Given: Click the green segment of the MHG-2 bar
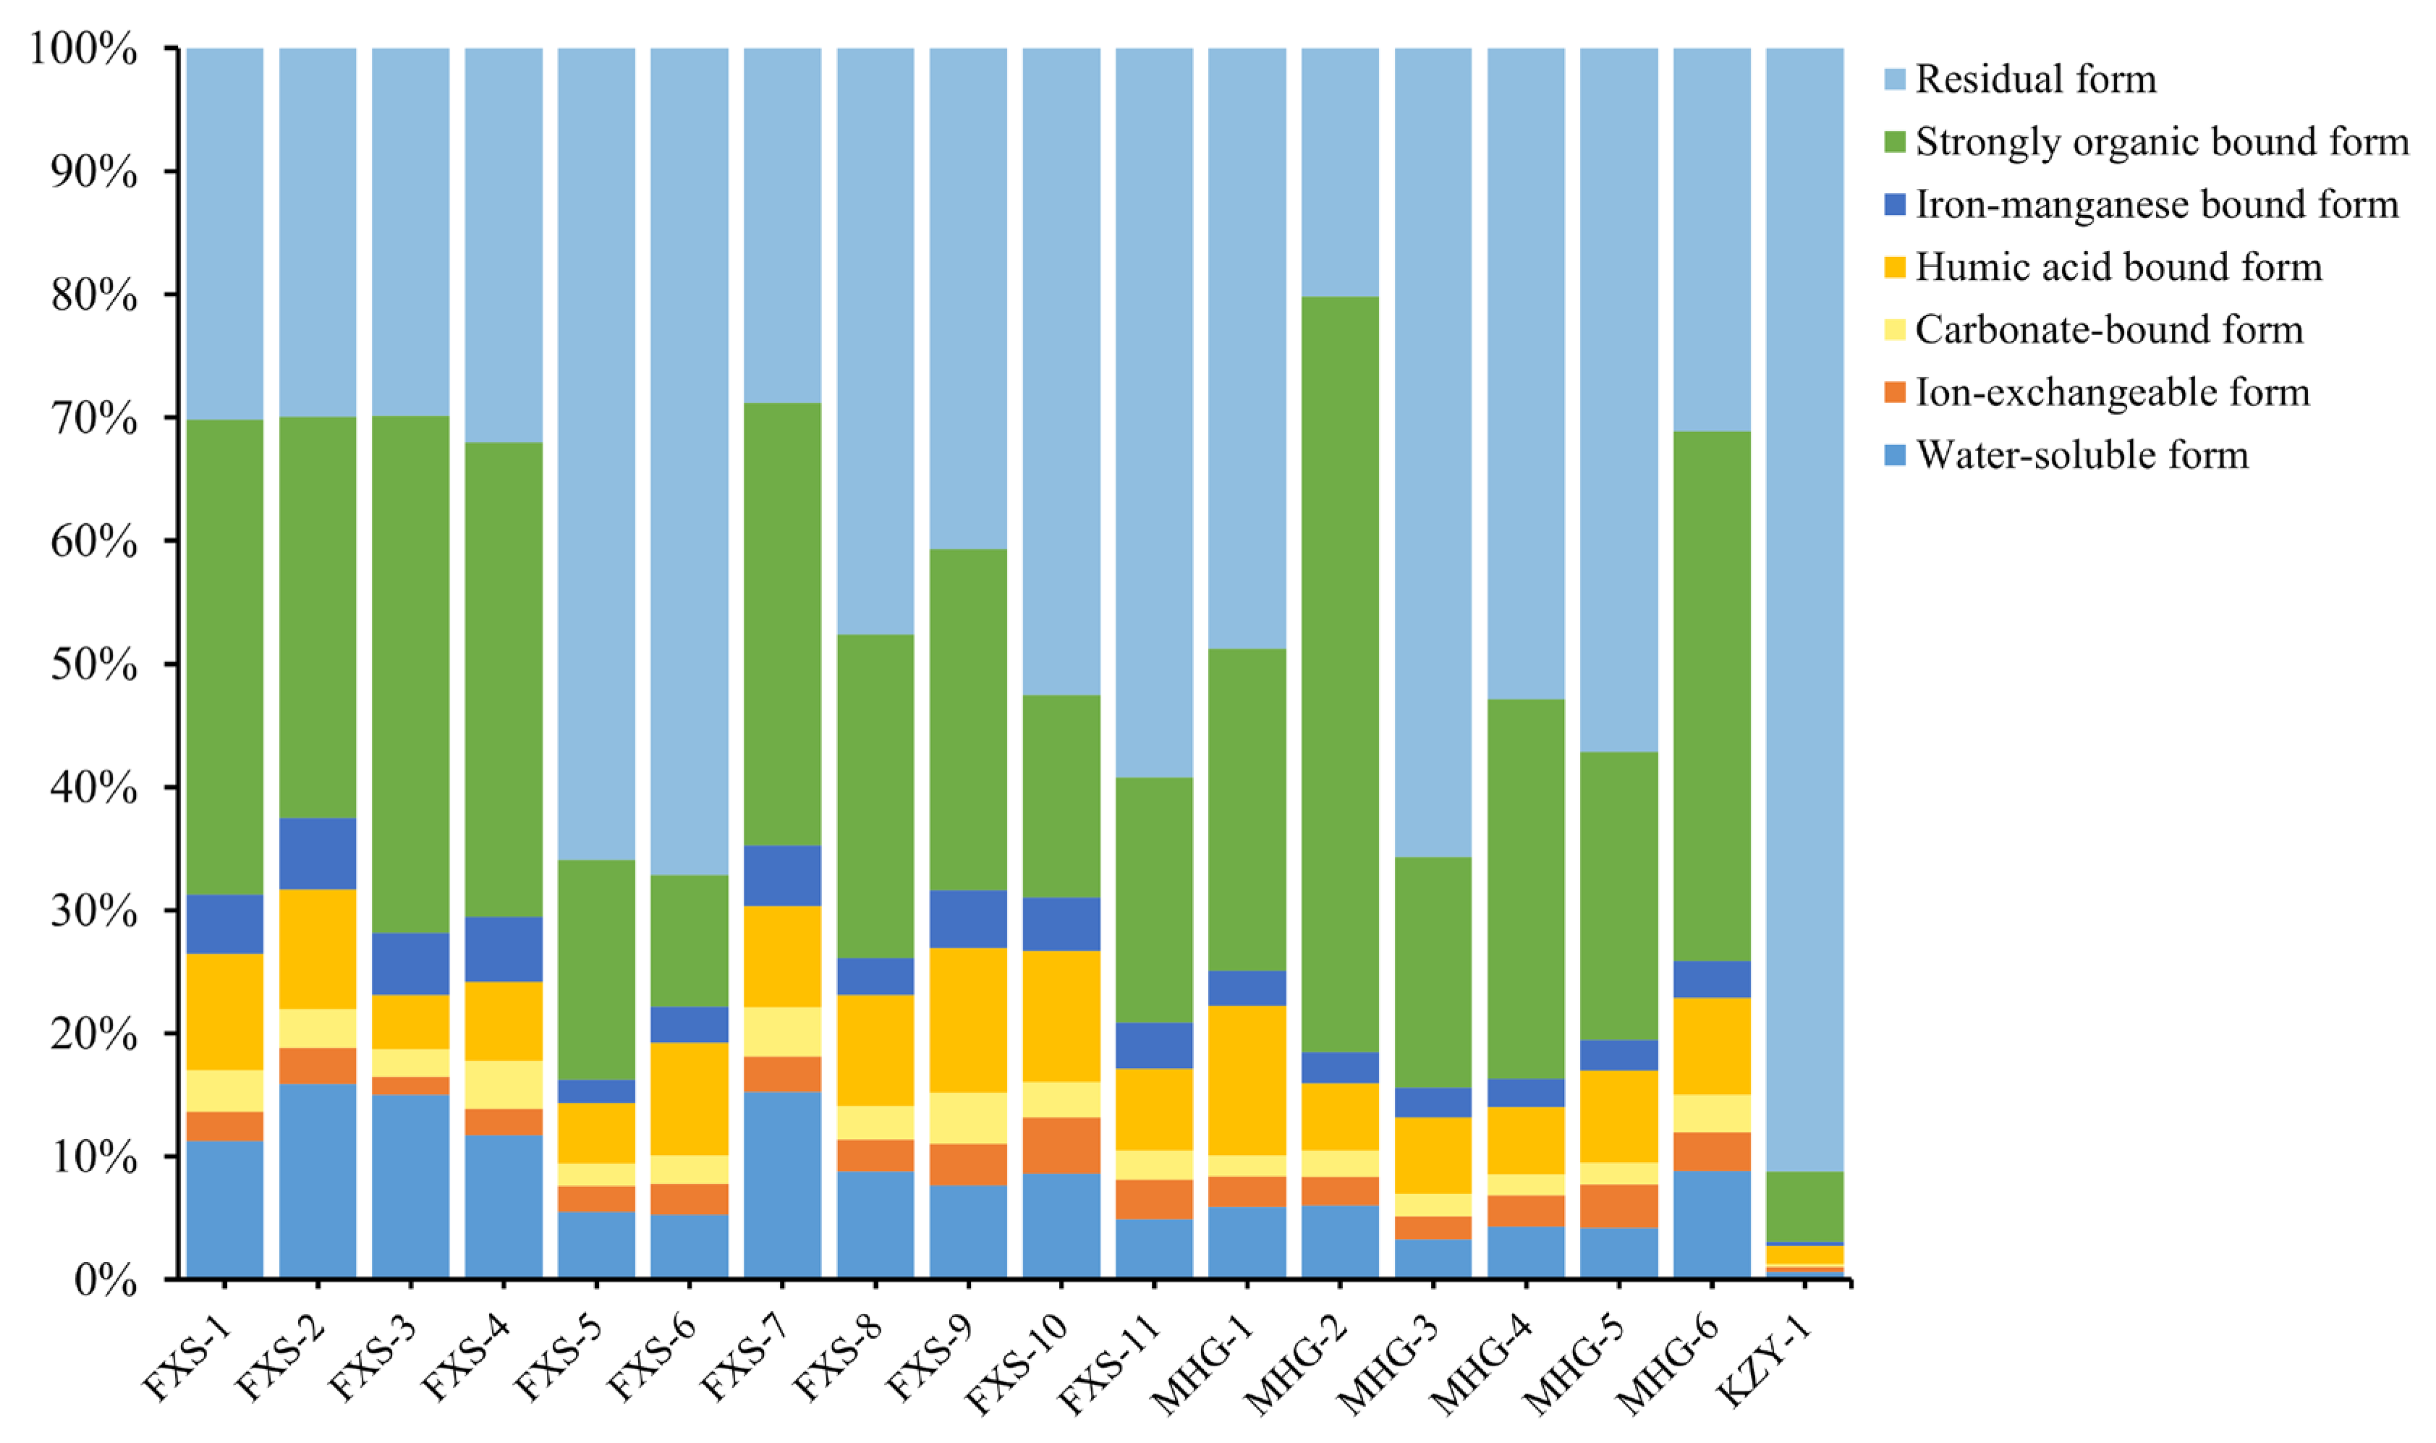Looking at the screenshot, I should coord(1339,674).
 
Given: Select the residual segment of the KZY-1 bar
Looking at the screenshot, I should coord(1804,609).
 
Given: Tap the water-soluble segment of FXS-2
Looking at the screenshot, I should coord(317,1180).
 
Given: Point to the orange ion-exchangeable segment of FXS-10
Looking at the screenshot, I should coord(1061,1146).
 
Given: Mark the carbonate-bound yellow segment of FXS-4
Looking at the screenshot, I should coord(504,1084).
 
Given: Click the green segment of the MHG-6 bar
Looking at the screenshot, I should coord(1711,696).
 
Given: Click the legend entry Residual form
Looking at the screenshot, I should coord(2034,80).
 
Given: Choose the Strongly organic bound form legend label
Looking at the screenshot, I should coord(2161,142).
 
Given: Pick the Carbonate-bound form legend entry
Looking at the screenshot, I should coord(2108,330).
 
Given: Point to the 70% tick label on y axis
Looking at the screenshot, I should coord(93,418).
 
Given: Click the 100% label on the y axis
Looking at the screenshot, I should coord(84,48).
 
